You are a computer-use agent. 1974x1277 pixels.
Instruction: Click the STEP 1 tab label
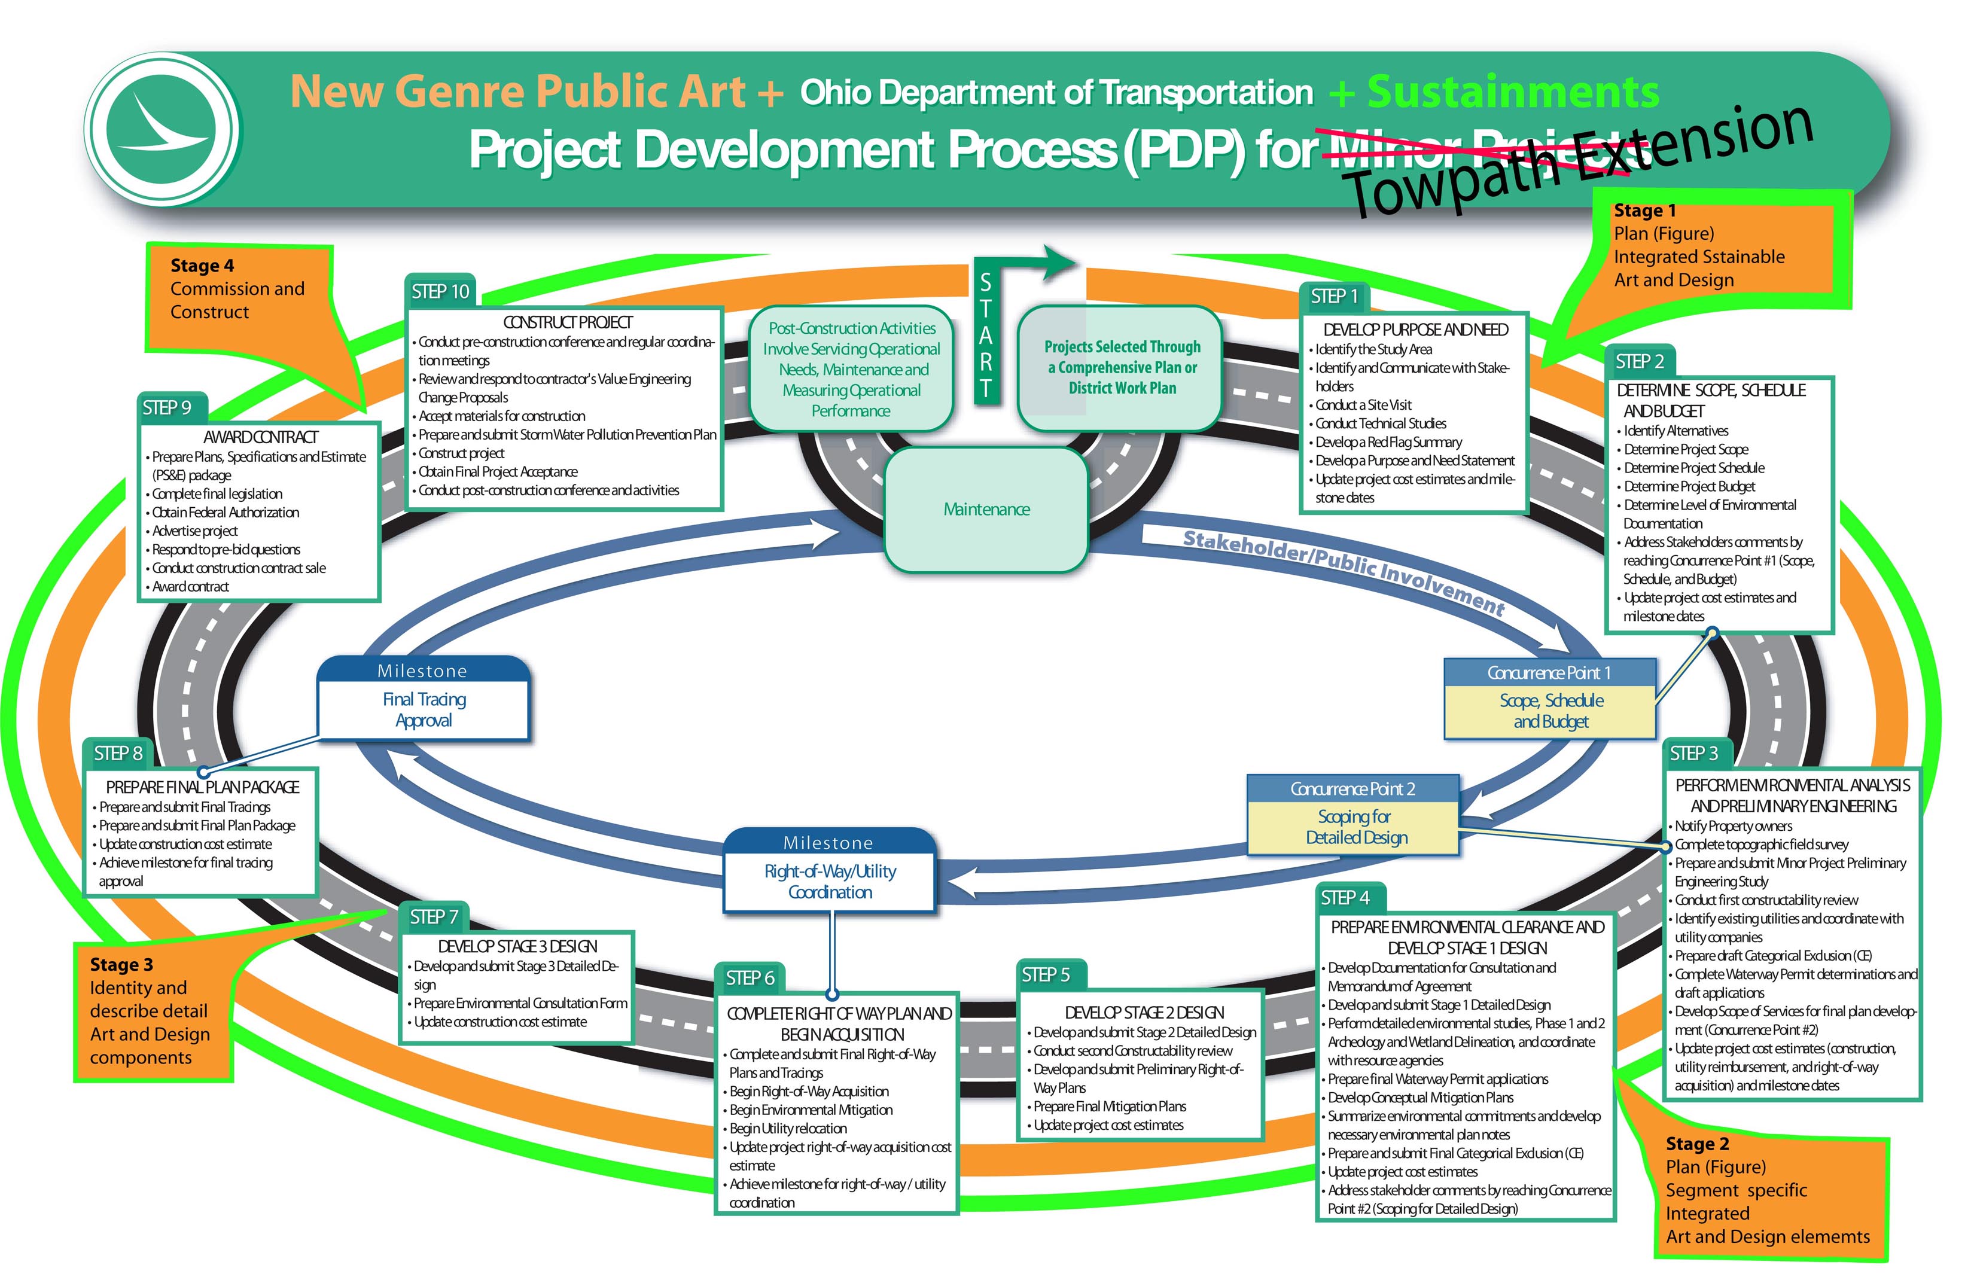tap(1333, 296)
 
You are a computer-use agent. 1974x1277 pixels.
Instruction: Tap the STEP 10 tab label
tap(440, 291)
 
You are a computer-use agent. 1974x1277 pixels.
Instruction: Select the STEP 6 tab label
tap(749, 978)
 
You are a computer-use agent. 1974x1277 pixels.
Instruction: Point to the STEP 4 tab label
tap(1344, 898)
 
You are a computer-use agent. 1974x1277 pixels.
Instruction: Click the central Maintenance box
tap(986, 509)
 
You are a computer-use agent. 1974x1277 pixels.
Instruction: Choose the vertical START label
tap(985, 336)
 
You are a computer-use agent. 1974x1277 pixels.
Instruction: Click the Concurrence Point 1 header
tap(1548, 672)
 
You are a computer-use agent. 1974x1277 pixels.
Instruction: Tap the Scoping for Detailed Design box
tap(1355, 827)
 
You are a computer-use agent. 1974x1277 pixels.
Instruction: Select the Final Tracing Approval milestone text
tap(424, 710)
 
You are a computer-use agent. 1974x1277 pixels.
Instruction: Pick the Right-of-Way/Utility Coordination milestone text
tap(829, 882)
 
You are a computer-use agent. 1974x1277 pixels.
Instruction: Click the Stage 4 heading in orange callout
tap(202, 266)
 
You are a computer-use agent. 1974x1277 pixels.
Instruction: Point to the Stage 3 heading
tap(121, 964)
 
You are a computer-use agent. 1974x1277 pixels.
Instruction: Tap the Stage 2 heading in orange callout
tap(1696, 1144)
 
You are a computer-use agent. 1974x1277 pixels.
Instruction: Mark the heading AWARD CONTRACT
tap(260, 437)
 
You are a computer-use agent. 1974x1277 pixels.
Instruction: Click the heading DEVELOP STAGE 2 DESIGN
tap(1143, 1013)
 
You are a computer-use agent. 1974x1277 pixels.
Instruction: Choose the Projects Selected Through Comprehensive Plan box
tap(1121, 367)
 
